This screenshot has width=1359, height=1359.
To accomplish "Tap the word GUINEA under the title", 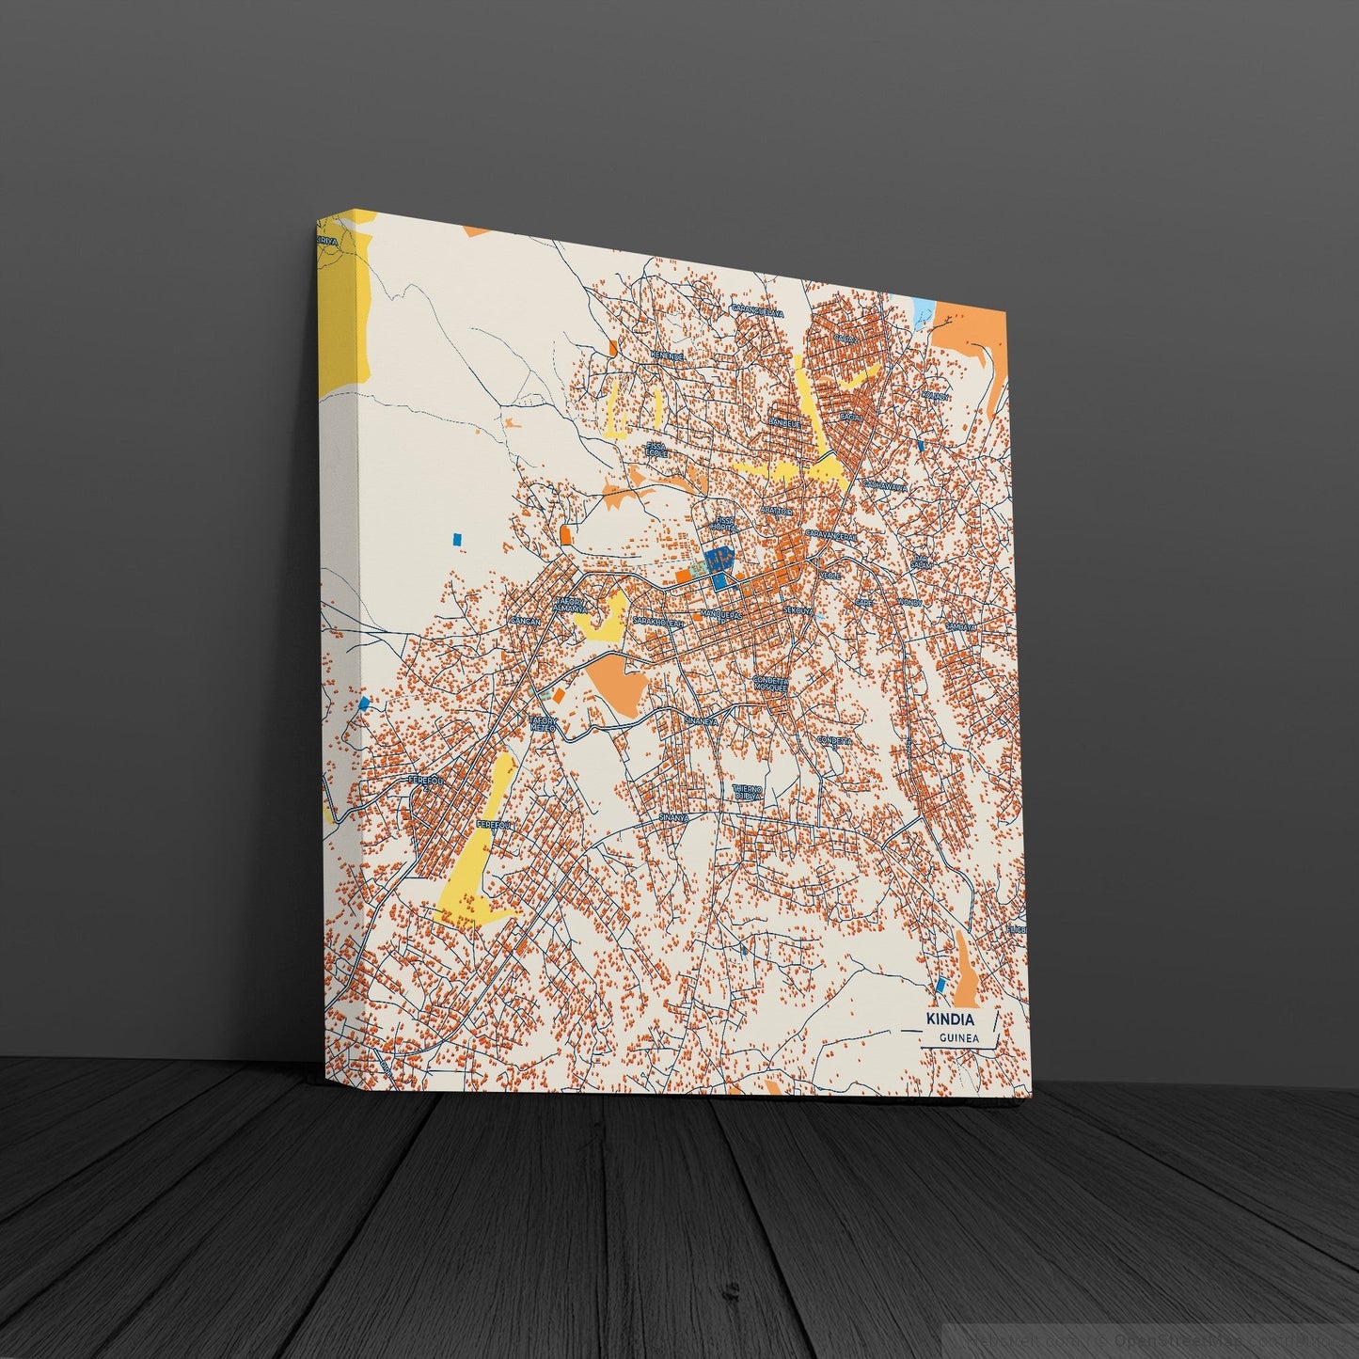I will [x=958, y=1038].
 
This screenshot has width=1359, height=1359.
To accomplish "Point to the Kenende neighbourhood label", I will [x=666, y=356].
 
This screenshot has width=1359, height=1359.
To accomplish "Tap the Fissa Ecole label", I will [x=656, y=450].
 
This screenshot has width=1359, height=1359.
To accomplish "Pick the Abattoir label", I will [x=780, y=511].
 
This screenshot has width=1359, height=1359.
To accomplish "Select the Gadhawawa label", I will [x=885, y=487].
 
